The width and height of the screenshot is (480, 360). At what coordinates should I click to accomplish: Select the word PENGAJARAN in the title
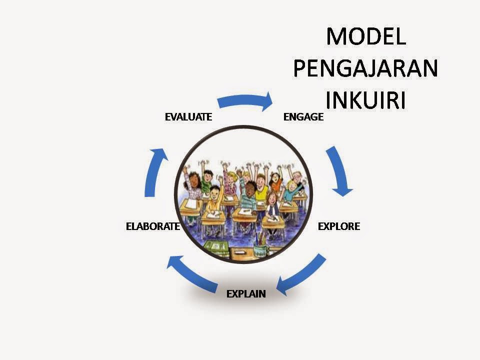365,69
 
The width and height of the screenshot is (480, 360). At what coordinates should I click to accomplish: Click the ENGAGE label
303,117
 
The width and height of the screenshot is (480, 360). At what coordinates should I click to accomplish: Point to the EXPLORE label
339,226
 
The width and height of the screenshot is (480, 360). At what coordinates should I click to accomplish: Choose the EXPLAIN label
246,293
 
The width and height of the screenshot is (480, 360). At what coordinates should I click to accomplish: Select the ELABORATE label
152,226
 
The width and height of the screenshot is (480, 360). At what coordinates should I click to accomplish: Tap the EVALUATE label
188,117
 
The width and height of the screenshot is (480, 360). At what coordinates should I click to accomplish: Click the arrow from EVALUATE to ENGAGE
245,100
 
